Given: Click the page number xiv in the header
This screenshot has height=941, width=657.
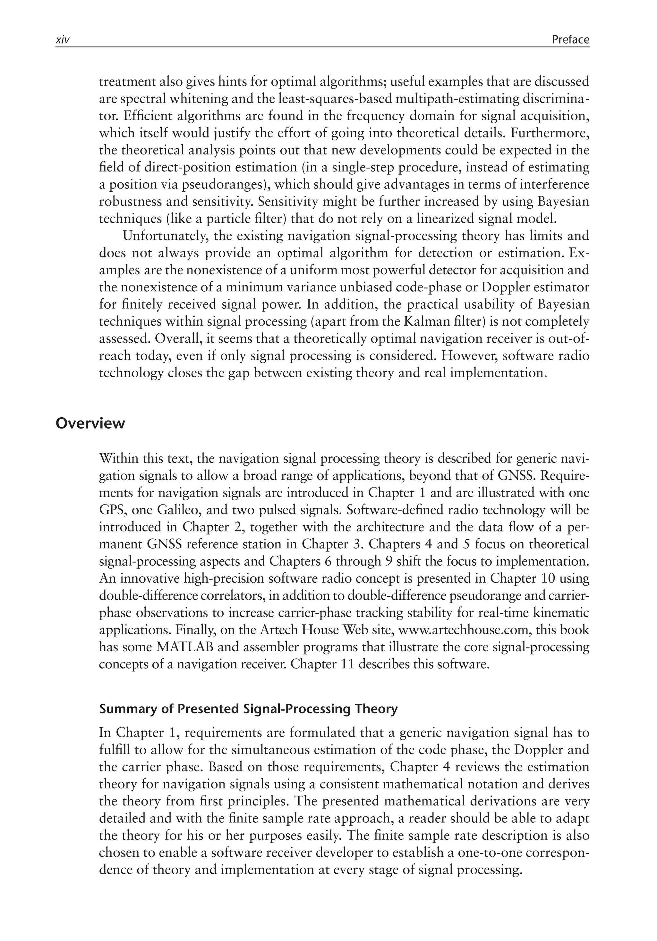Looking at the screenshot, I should pos(62,40).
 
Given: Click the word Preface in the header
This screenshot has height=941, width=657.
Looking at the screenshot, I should pos(570,39).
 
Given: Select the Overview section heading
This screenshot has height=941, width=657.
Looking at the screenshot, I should pos(90,423).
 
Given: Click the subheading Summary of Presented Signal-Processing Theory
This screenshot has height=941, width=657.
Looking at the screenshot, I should pos(248,709).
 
